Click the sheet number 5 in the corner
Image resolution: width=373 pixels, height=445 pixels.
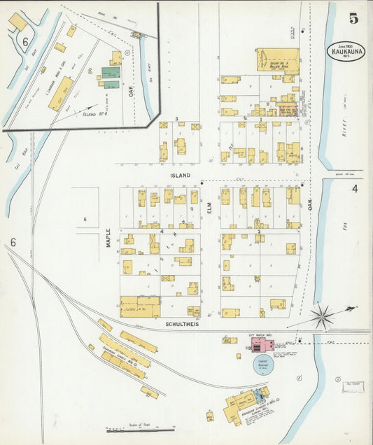(354, 19)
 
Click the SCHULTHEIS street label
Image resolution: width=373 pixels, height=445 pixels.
(185, 325)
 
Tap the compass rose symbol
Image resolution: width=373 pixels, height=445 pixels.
(323, 316)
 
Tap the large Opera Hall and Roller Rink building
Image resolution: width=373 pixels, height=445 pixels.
(277, 60)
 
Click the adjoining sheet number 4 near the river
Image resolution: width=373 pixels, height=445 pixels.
(355, 189)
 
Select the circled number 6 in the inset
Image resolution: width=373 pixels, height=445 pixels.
(25, 43)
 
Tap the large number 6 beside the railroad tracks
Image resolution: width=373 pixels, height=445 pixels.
(12, 243)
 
